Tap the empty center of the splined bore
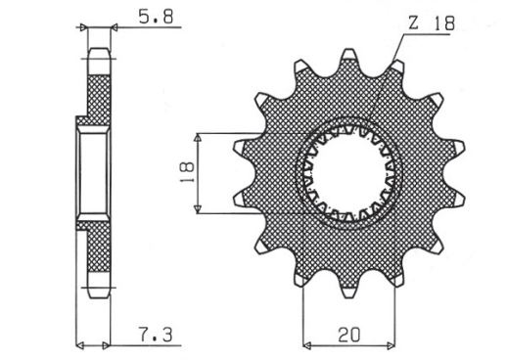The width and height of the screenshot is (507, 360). [351, 171]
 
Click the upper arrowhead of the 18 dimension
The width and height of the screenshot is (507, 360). [200, 136]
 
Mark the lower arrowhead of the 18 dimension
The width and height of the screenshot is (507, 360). [200, 207]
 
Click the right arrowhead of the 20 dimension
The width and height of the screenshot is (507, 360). [394, 343]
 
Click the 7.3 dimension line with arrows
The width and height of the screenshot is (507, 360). [92, 343]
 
